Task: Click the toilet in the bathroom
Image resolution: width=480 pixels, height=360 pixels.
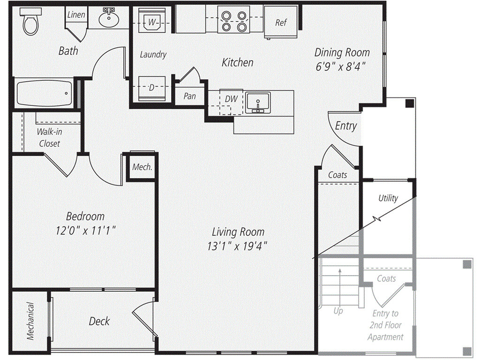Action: pos(30,22)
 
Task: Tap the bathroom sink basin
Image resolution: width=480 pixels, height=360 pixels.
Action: pos(109,19)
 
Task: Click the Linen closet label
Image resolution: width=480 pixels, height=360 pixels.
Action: pos(76,15)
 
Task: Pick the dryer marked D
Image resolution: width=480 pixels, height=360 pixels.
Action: pos(152,88)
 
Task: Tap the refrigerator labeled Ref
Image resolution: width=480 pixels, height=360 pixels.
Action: pos(281,22)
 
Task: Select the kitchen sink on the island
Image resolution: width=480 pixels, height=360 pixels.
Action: pos(258,102)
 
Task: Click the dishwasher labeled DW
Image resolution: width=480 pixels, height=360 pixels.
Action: pos(231,99)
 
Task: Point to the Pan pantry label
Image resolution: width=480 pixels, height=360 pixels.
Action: pos(190,96)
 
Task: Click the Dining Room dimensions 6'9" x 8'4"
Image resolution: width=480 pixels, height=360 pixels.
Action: pos(341,67)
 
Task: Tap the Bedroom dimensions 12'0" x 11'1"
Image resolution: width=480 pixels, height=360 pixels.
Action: pos(86,230)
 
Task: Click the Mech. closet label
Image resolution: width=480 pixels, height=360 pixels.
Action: pos(142,167)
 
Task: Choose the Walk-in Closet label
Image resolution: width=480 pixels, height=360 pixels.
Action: pos(49,137)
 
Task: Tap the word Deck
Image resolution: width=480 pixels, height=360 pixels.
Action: pos(99,321)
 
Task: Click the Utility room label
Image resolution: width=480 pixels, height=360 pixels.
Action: pos(388,198)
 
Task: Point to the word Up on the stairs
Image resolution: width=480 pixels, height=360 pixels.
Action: pos(338,311)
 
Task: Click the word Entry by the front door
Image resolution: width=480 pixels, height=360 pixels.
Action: pos(346,126)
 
